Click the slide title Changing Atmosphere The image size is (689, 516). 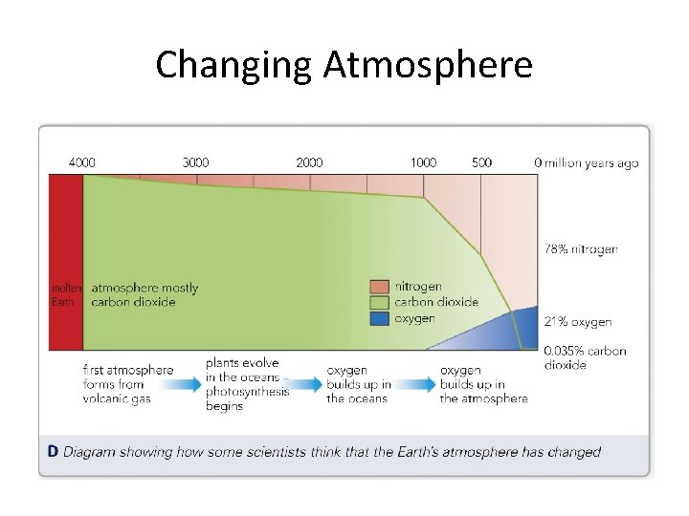tap(344, 65)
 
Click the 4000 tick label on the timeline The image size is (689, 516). tap(82, 162)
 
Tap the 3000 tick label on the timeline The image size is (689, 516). tap(195, 162)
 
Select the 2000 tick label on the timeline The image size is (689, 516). tap(309, 162)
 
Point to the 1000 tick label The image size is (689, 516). tap(423, 162)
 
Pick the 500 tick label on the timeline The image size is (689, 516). tap(481, 162)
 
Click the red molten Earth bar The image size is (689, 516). tap(66, 258)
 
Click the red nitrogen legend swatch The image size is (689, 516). tap(380, 286)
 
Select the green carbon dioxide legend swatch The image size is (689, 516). tap(380, 302)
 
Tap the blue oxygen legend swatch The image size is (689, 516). tap(380, 318)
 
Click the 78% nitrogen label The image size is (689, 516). tap(581, 249)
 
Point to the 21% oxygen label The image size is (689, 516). tap(578, 322)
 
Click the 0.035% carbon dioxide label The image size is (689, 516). tap(585, 357)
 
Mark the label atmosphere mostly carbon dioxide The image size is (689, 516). tap(144, 294)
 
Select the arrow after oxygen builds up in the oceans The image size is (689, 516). tap(413, 384)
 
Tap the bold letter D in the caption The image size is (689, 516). tap(54, 452)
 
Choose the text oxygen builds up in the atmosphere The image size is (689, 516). tap(483, 384)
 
